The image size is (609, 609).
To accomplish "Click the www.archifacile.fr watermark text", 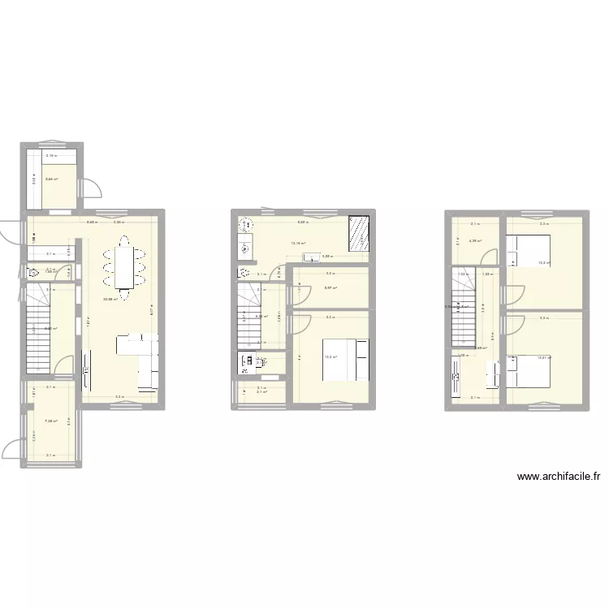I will tap(558, 477).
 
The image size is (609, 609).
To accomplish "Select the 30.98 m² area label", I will tap(110, 300).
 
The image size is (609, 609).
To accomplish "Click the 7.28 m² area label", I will tap(50, 421).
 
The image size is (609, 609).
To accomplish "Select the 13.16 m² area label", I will tap(298, 243).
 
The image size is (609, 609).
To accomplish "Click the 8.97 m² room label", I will tap(330, 287).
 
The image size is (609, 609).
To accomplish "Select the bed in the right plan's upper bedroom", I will tap(528, 251).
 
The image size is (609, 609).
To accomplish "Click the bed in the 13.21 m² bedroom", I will tap(528, 372).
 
